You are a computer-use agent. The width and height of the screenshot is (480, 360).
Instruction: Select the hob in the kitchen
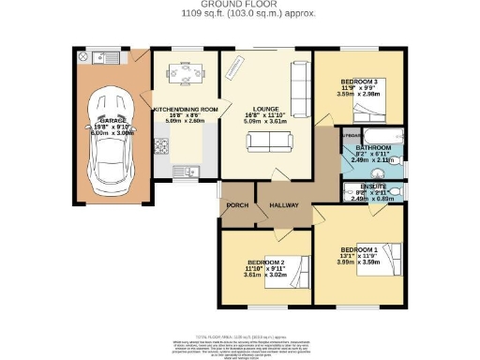160,145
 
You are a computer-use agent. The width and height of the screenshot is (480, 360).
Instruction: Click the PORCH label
236,204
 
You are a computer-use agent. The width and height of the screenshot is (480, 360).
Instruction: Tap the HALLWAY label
285,204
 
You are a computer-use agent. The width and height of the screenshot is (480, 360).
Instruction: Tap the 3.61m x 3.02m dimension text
263,275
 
